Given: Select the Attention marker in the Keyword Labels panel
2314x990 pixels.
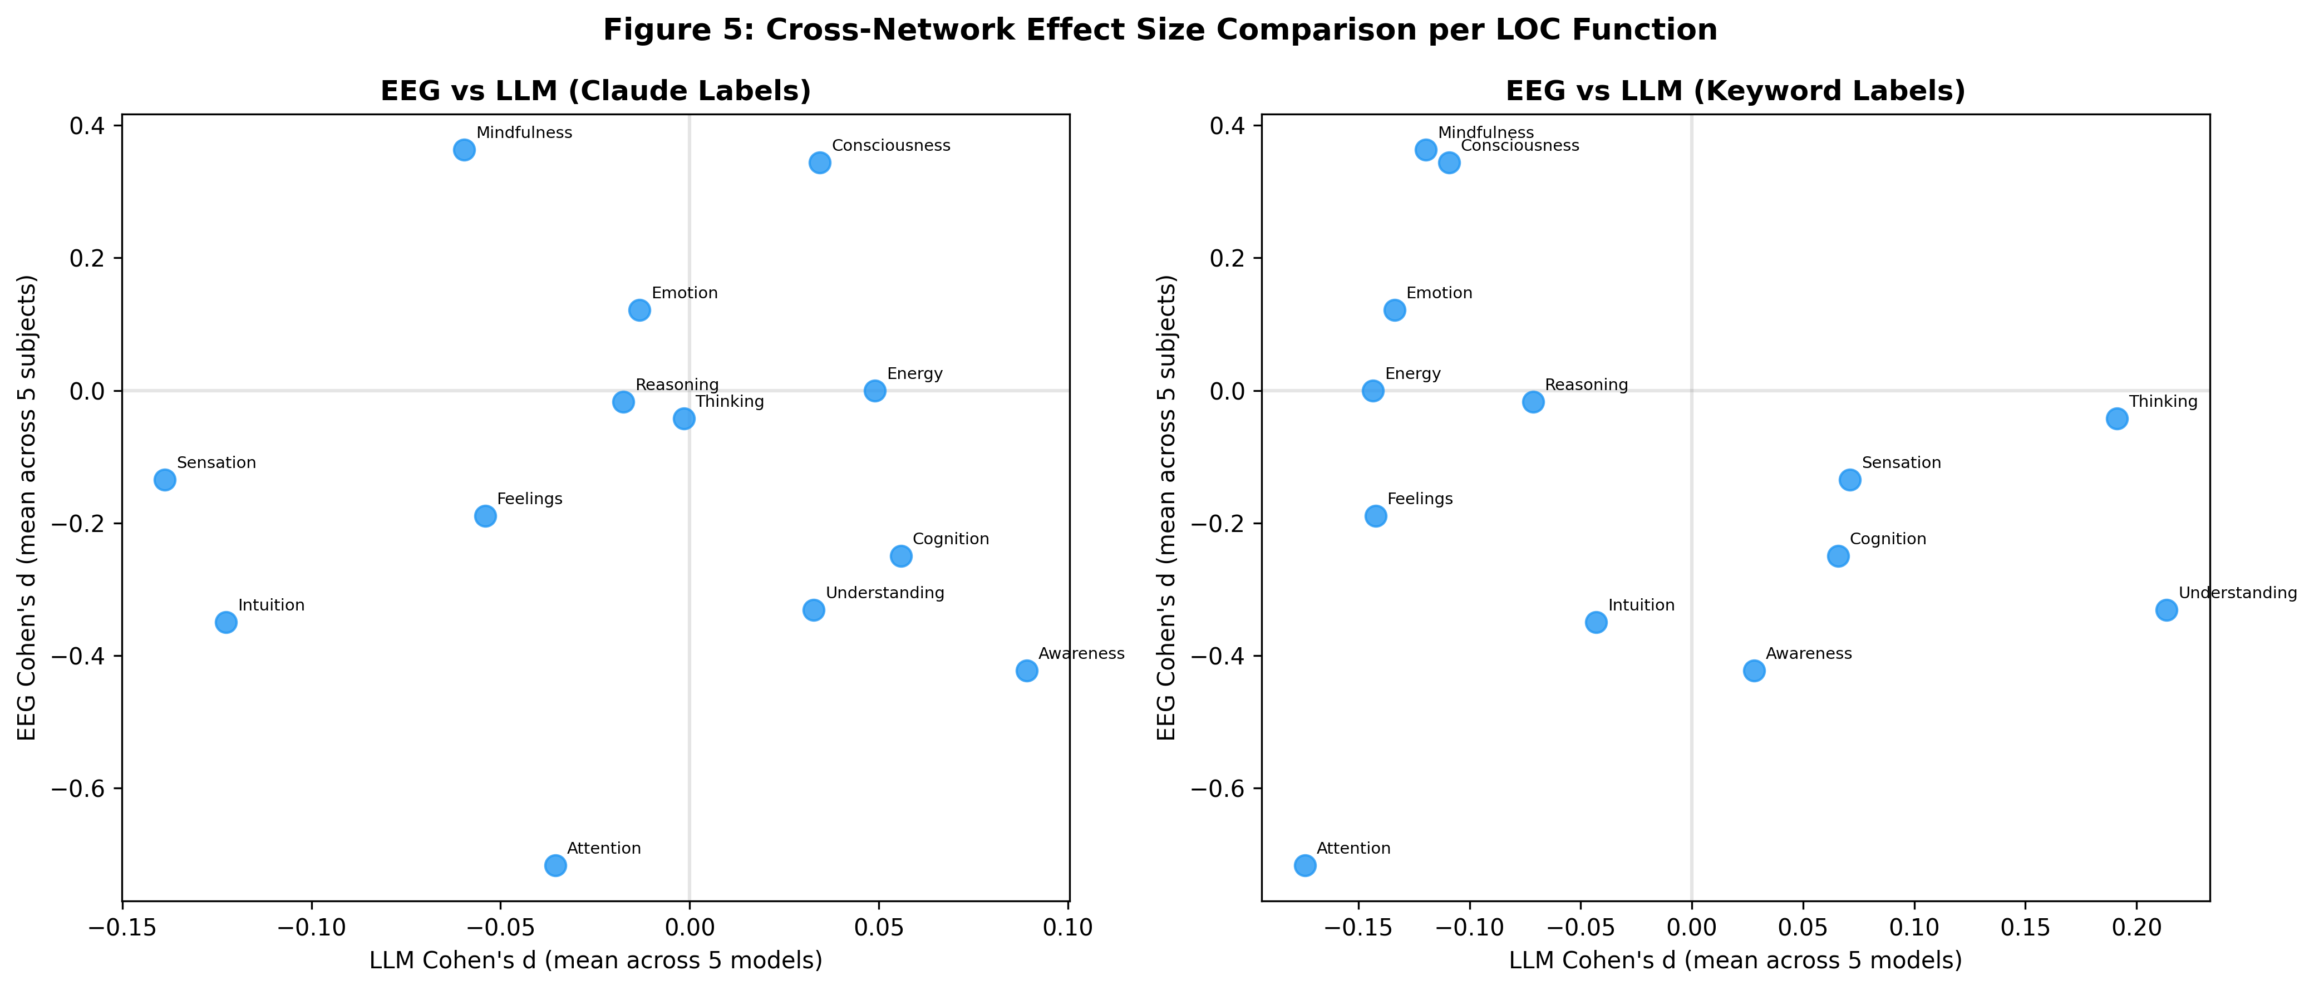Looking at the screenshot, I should pos(1304,865).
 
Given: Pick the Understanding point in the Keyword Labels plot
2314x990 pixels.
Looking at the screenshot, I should pos(2167,610).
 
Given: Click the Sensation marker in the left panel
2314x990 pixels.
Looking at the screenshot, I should pos(164,480).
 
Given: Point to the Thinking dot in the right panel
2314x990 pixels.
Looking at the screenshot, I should pos(2118,418).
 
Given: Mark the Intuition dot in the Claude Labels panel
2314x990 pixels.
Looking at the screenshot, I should pos(227,623).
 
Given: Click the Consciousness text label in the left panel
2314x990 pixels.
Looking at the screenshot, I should pos(890,146).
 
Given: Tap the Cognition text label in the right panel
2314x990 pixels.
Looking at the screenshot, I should pos(1888,539).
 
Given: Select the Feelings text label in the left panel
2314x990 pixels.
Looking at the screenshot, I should pos(529,499).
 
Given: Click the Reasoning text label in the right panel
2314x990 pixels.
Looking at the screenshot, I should pos(1587,385).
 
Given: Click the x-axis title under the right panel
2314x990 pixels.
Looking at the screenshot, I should pos(1735,961).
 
